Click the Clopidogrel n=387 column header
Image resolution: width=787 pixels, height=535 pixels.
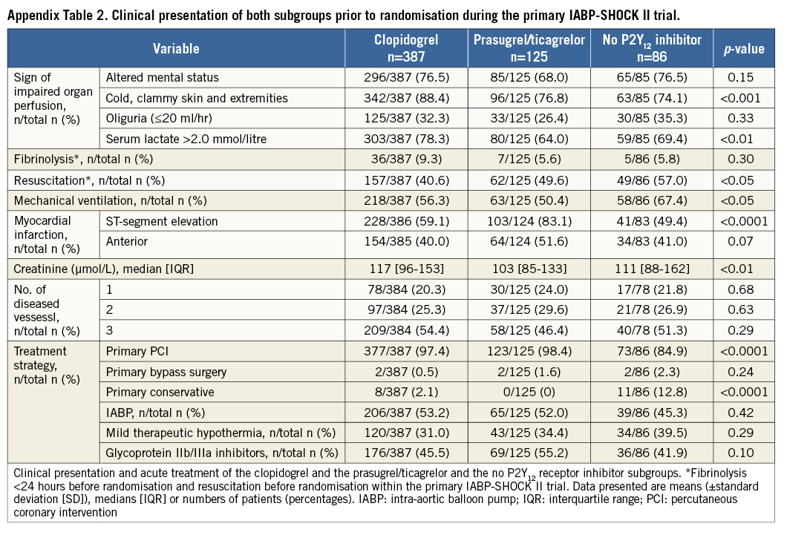pos(405,49)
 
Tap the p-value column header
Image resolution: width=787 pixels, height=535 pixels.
pos(742,49)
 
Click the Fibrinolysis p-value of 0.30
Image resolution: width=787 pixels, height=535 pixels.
pos(742,159)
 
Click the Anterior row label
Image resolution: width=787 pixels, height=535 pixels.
pos(127,241)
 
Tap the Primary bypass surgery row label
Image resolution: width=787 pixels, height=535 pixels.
pos(166,372)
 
